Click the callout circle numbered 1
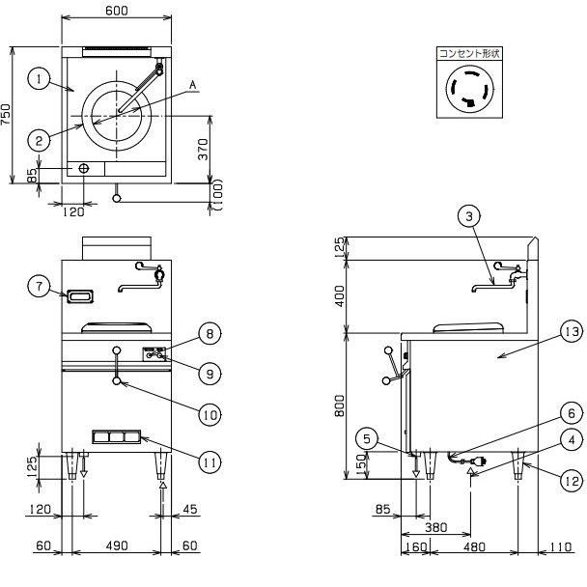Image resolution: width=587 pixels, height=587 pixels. point(39,79)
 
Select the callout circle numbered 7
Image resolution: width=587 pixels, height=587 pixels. point(39,287)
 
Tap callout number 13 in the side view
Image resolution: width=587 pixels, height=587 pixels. point(572,332)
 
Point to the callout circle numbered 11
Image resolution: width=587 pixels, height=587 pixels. point(210,462)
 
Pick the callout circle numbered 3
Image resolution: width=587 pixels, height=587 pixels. point(469,216)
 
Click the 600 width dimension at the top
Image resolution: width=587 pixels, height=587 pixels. point(117,11)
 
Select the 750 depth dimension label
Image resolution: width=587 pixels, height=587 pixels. point(7,115)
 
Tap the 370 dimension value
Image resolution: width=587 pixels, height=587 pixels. point(203,149)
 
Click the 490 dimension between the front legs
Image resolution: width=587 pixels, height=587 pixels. point(117,545)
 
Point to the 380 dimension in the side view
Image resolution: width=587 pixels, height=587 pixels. point(436,527)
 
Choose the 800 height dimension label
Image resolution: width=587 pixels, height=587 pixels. point(340,405)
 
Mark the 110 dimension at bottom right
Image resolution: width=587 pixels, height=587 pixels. point(560,547)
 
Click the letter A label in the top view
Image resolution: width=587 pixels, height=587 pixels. point(192,85)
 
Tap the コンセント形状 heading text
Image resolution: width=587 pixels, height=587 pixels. point(469,53)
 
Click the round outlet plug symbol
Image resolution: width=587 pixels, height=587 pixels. point(469,89)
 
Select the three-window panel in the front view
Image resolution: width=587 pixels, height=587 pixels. point(117,437)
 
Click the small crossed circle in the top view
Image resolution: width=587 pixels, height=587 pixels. point(84,168)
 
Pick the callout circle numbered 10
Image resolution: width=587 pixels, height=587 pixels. point(210,414)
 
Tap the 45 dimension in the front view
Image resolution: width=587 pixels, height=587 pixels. point(189,509)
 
